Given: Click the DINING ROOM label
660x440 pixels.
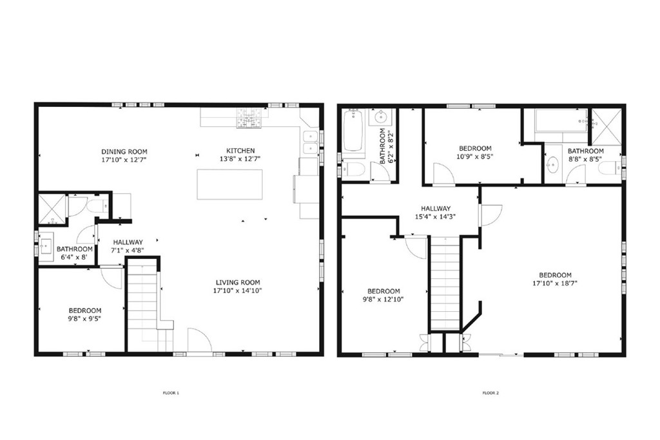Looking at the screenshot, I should click(x=124, y=151).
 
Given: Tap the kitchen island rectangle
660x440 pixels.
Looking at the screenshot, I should click(x=229, y=184).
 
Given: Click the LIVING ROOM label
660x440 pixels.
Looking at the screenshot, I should click(x=238, y=282).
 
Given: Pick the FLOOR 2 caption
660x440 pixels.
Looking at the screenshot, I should click(x=490, y=392).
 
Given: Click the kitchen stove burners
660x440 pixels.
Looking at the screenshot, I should click(x=249, y=117).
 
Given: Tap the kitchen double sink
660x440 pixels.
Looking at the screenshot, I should click(x=311, y=142).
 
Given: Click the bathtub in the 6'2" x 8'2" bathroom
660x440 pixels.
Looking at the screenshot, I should click(x=354, y=131).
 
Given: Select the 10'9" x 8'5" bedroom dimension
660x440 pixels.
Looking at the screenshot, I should click(x=474, y=156).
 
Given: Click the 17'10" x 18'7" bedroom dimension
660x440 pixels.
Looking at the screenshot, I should click(x=552, y=283).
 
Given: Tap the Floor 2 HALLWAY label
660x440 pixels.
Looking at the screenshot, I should click(x=436, y=217).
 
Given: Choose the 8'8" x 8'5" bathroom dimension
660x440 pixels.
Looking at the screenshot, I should click(x=585, y=158).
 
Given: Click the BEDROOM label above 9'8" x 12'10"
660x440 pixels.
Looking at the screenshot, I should click(x=383, y=291).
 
